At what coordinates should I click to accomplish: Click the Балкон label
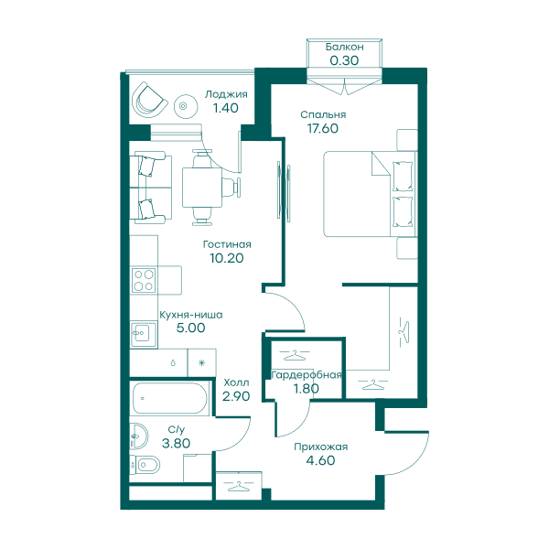[x=345, y=47]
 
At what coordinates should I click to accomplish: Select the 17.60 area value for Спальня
[x=323, y=128]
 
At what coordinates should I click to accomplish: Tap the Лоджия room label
[x=226, y=94]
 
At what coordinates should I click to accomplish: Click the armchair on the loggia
[x=149, y=100]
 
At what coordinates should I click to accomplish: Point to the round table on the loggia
[x=186, y=106]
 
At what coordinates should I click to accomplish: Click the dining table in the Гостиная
[x=202, y=188]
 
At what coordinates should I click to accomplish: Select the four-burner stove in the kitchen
[x=144, y=280]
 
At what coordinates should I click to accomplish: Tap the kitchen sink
[x=144, y=334]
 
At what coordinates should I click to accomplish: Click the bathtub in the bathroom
[x=169, y=398]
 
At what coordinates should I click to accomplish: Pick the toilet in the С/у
[x=145, y=466]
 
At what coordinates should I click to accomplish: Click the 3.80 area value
[x=176, y=443]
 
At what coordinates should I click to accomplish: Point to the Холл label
[x=236, y=382]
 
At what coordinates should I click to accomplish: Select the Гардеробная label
[x=307, y=375]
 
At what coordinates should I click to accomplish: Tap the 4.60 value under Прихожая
[x=321, y=460]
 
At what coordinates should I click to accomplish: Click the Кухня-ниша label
[x=191, y=315]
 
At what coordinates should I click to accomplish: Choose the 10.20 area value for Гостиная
[x=227, y=258]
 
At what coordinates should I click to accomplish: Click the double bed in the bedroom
[x=370, y=194]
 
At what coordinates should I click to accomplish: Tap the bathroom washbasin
[x=139, y=436]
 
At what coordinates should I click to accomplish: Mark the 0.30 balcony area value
[x=344, y=60]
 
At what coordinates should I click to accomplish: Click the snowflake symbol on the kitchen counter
[x=201, y=363]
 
